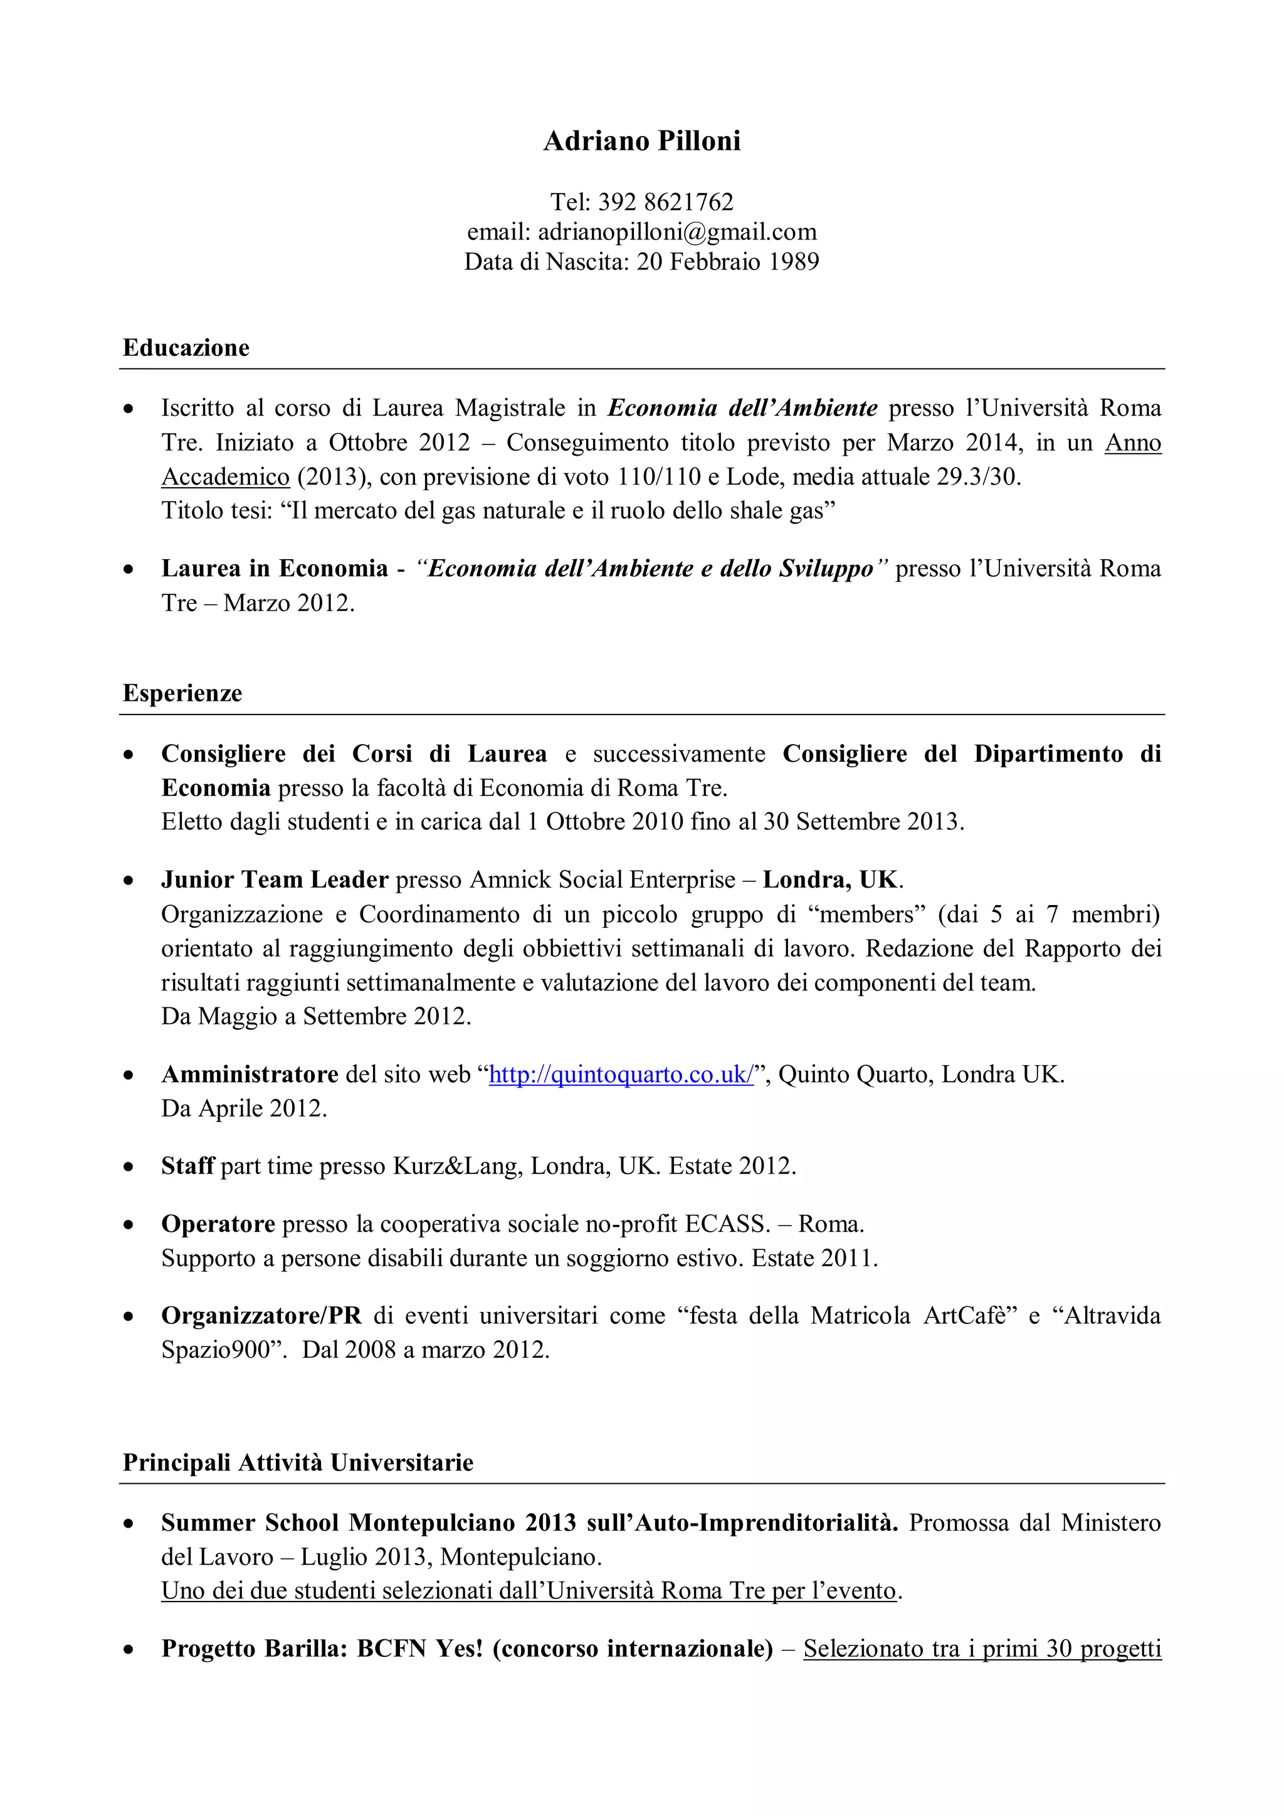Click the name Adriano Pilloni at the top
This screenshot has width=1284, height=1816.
641,141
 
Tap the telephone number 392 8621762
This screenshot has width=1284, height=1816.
665,202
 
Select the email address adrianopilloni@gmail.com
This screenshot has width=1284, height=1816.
677,233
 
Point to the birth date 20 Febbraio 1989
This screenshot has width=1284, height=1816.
728,262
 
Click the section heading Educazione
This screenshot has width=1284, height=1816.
186,348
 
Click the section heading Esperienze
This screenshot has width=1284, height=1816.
182,694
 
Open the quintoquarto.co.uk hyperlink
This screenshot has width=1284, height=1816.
621,1075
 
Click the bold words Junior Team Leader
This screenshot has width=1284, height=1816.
275,880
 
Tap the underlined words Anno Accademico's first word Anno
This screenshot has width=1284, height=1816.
1132,443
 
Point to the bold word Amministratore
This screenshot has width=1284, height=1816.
250,1075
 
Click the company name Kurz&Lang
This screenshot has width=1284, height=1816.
457,1167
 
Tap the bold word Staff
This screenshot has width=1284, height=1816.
187,1167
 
